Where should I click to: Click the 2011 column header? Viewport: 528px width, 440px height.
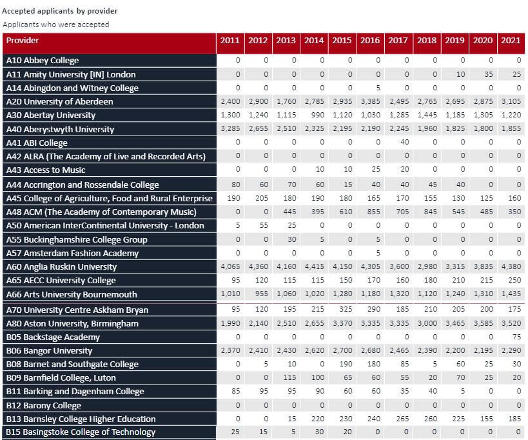[230, 41]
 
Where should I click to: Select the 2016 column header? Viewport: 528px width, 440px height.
[370, 41]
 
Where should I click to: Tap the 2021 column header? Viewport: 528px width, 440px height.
[511, 41]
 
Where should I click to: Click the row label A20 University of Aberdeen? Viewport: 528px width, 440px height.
[59, 101]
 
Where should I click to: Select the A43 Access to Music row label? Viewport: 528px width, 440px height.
[46, 170]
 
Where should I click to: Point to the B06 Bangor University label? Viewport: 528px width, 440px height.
[49, 351]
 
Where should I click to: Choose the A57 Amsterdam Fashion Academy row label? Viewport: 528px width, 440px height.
[72, 253]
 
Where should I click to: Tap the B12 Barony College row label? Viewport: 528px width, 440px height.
[44, 405]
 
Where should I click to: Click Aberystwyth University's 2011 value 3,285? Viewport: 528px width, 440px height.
[230, 128]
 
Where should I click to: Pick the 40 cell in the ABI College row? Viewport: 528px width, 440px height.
[405, 142]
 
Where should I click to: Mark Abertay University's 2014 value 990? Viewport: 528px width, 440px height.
[318, 115]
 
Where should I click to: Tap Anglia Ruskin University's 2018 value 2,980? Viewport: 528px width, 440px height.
[427, 266]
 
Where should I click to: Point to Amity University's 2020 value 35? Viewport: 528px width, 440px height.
[489, 74]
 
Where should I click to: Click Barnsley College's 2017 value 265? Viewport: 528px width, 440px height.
[403, 419]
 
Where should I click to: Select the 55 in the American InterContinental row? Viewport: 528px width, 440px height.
[264, 225]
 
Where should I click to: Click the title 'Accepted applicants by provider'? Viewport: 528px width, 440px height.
[60, 11]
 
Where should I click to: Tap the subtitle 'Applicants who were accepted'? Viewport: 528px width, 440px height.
[56, 25]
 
